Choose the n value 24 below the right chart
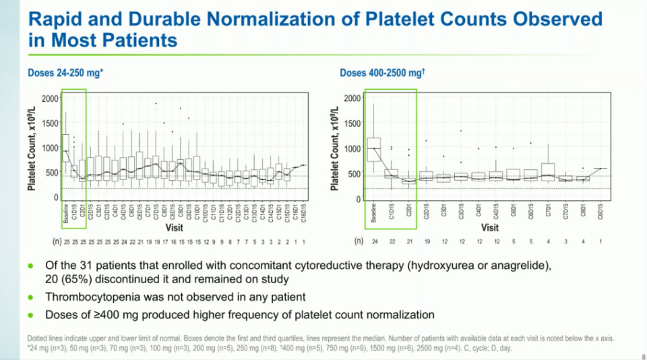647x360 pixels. (373, 240)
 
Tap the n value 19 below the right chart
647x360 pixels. (426, 240)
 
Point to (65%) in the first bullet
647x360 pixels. (75, 280)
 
